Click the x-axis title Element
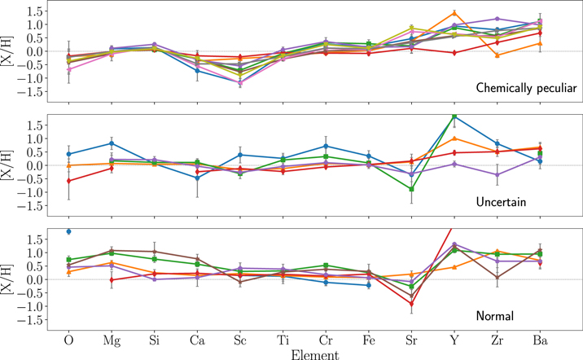coord(304,353)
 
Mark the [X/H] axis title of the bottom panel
coord(10,279)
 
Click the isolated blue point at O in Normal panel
coord(68,231)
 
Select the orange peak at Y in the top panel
coord(454,12)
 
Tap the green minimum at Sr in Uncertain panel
coord(411,189)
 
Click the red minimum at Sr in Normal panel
coord(411,304)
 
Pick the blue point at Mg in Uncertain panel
coord(112,143)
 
